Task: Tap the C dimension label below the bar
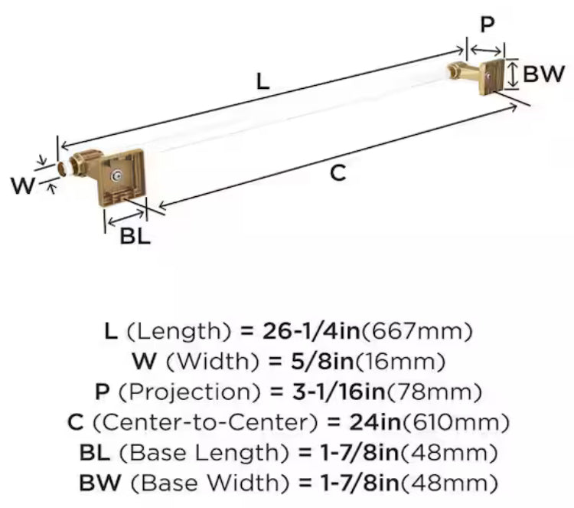click(338, 173)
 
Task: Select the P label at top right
click(487, 25)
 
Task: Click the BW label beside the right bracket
click(544, 74)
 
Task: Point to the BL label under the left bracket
click(135, 236)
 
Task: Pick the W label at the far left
click(23, 185)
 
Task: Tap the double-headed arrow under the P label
click(484, 50)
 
